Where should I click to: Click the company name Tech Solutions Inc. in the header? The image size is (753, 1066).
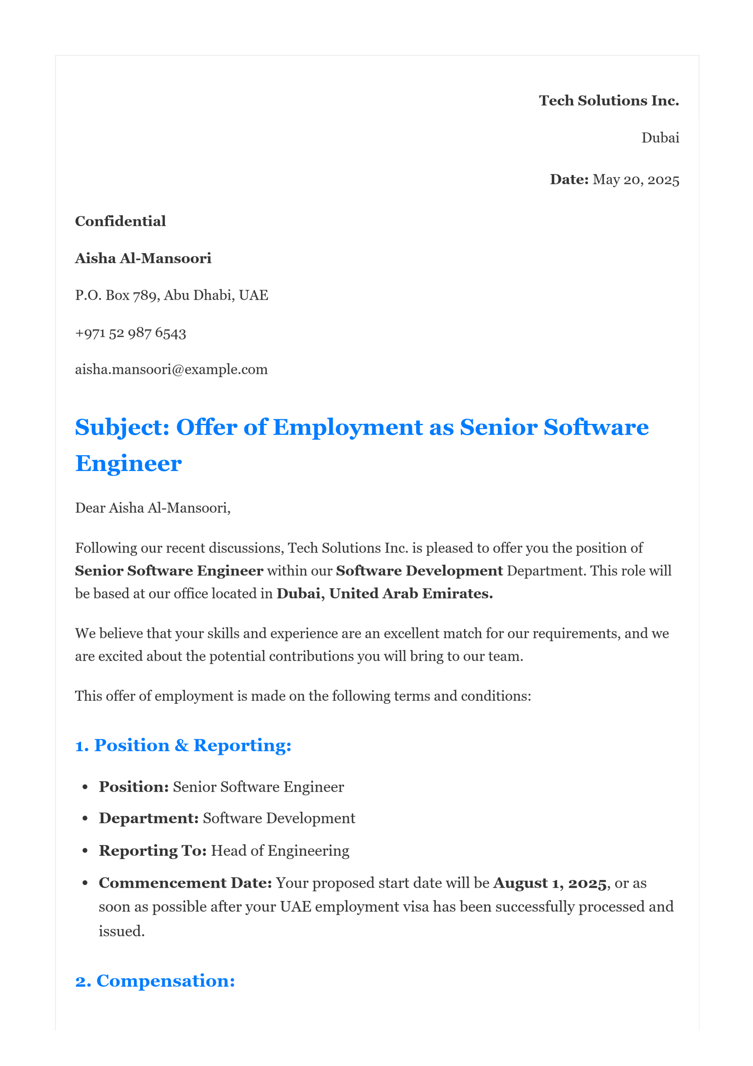(x=608, y=101)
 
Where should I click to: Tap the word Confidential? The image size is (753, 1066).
(x=120, y=221)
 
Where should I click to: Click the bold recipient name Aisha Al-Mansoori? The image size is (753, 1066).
(x=143, y=258)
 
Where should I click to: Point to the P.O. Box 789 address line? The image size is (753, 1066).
(x=171, y=295)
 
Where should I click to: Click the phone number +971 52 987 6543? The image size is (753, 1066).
(x=130, y=333)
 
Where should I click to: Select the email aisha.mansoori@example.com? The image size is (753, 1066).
(x=171, y=370)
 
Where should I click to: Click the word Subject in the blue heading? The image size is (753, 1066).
(x=122, y=427)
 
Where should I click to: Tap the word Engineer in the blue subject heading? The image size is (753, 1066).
(x=129, y=463)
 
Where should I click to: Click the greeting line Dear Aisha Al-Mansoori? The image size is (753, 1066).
(x=153, y=508)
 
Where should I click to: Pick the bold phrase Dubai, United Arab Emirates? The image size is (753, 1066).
(x=384, y=593)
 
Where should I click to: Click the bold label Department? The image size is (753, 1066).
(x=149, y=818)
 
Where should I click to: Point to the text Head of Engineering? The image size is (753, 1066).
(x=280, y=851)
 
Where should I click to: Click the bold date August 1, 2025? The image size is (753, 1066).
(x=550, y=883)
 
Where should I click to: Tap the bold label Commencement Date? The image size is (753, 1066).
(x=185, y=883)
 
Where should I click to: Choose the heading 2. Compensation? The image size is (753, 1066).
(x=155, y=981)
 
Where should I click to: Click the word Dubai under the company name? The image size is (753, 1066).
(x=660, y=138)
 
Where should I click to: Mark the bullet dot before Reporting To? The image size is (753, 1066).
(x=85, y=851)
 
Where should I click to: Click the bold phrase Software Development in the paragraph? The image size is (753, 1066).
(x=419, y=570)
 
